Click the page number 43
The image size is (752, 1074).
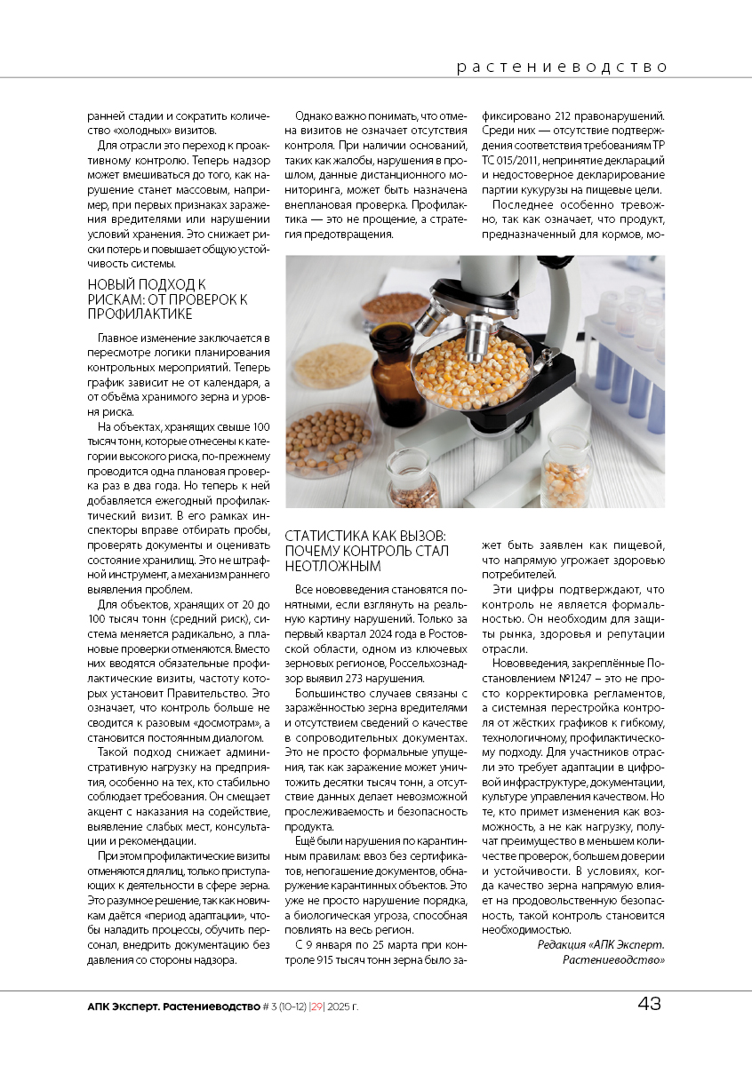point(649,1005)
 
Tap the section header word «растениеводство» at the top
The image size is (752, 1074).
point(562,67)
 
